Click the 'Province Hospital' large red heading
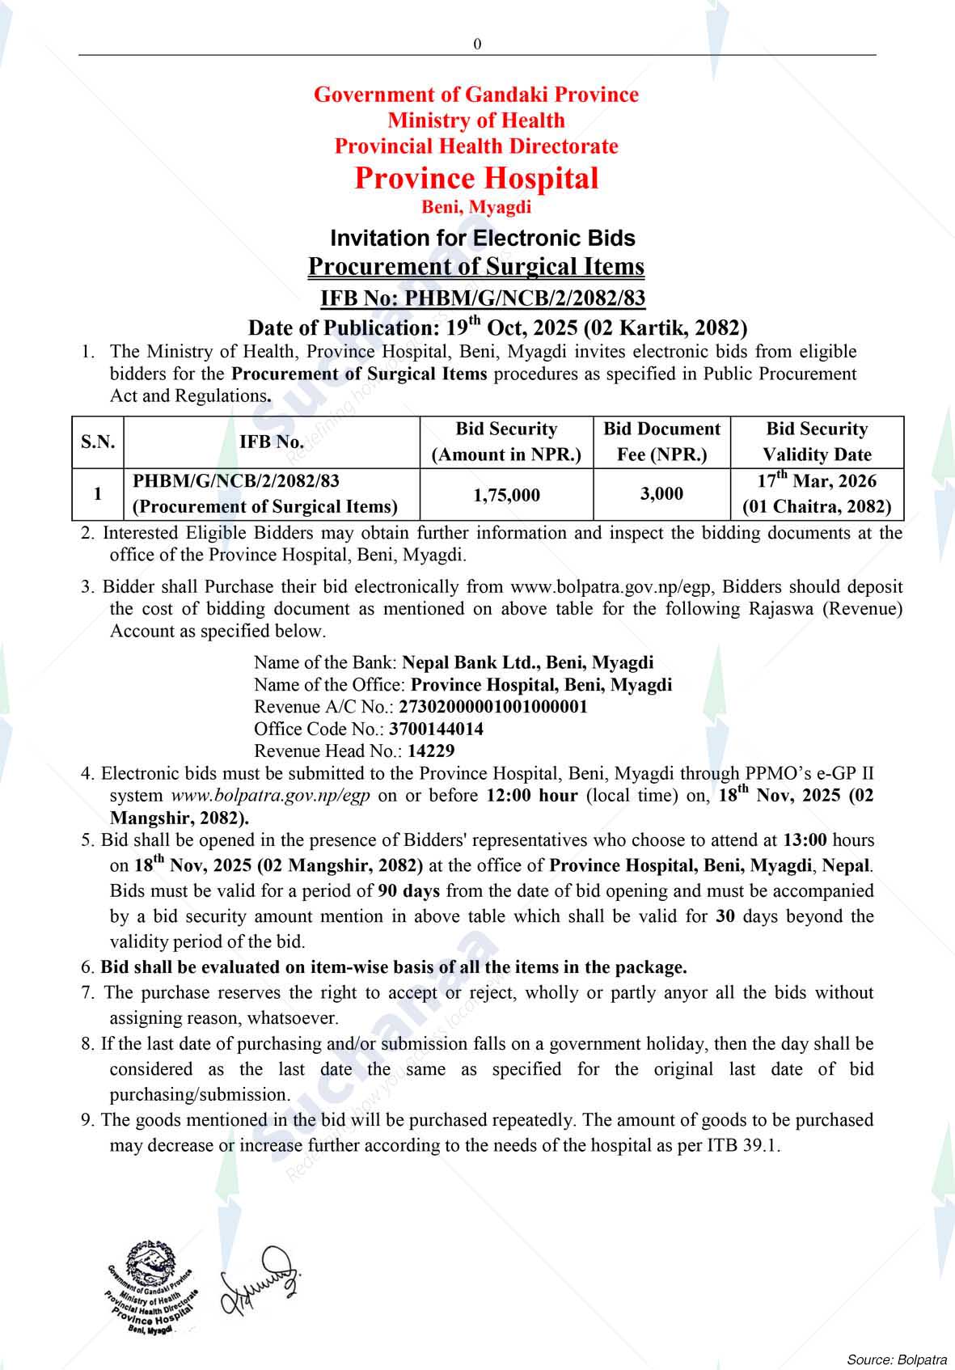(x=476, y=178)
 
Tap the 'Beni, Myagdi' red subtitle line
(x=476, y=207)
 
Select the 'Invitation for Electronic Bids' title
(x=482, y=238)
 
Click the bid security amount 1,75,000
(x=506, y=494)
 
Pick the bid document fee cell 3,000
(x=661, y=493)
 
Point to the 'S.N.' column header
(x=98, y=442)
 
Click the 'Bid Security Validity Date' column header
(x=817, y=442)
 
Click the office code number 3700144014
(x=436, y=729)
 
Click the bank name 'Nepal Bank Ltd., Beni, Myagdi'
(x=528, y=662)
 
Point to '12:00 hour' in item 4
(x=532, y=795)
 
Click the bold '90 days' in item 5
(x=409, y=890)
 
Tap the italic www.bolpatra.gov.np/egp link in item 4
(x=271, y=795)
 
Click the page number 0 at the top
(x=477, y=44)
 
